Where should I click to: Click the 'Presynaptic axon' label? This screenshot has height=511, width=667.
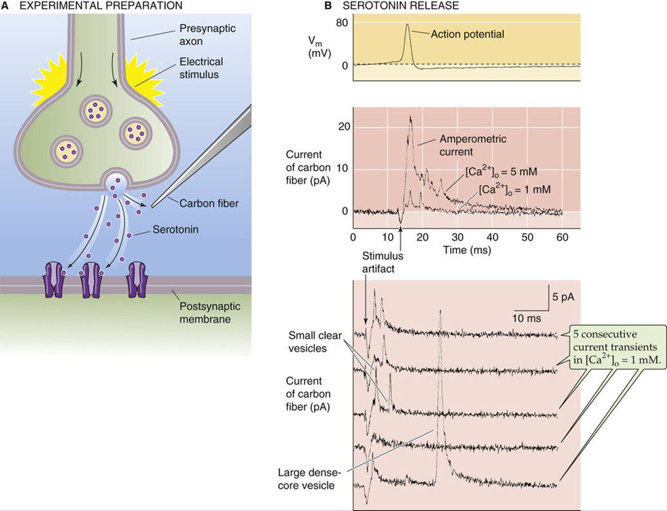[208, 35]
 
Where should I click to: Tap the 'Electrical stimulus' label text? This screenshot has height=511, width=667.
[201, 68]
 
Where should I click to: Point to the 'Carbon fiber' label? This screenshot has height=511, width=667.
[209, 203]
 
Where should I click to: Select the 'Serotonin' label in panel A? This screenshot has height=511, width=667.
[175, 230]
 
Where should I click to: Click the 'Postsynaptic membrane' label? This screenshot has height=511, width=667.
[210, 312]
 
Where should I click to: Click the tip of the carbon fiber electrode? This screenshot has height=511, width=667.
[152, 207]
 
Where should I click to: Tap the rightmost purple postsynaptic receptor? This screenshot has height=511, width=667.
[137, 280]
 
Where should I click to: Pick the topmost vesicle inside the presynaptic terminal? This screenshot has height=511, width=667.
[95, 110]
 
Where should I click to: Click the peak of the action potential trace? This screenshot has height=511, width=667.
[407, 24]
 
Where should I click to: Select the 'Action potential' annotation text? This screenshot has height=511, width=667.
[467, 34]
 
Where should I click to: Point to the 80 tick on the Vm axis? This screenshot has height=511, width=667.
[342, 22]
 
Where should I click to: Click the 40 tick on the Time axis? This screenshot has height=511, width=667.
[493, 237]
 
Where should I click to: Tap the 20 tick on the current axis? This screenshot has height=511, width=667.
[344, 126]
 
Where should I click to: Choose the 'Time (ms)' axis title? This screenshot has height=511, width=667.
[467, 250]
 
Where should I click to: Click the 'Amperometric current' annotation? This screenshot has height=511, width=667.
[473, 145]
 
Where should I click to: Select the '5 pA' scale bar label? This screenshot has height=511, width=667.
[563, 297]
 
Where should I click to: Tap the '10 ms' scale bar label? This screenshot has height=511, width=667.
[527, 318]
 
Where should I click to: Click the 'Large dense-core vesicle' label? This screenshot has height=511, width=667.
[309, 479]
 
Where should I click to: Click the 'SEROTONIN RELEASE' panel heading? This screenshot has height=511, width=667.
[401, 6]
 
